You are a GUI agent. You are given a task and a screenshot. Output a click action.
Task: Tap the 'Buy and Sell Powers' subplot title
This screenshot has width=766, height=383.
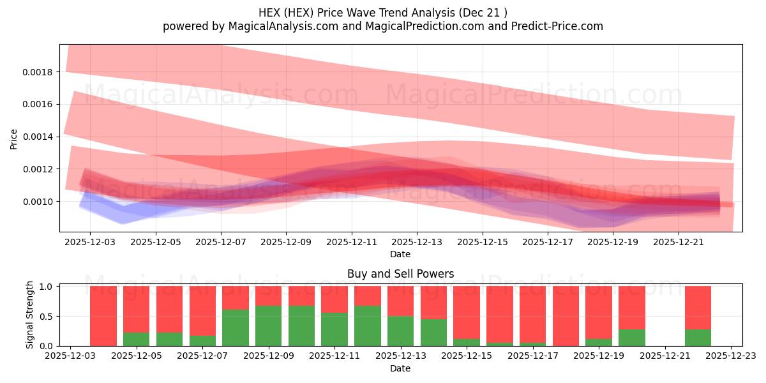[400, 274]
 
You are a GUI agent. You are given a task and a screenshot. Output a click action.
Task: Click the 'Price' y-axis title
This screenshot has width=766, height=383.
[13, 139]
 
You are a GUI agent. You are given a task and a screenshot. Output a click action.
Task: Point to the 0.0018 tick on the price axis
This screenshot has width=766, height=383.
[40, 71]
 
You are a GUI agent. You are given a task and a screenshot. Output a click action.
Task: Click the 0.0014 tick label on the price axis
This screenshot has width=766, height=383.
[40, 137]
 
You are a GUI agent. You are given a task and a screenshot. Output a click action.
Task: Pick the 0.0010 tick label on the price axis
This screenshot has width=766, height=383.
[40, 202]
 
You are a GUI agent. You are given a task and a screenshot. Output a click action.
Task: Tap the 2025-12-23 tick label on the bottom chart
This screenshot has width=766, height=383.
[730, 356]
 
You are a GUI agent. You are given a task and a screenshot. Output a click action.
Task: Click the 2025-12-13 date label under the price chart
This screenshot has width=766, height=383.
[417, 243]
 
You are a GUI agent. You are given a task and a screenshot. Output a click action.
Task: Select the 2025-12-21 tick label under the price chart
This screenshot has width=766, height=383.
[678, 243]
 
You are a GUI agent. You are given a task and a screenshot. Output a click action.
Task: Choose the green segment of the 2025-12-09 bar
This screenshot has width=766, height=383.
[268, 326]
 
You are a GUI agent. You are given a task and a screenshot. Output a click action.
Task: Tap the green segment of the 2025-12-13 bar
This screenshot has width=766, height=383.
[400, 331]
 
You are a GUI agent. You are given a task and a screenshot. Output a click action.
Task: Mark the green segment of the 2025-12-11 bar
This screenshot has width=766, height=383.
[334, 329]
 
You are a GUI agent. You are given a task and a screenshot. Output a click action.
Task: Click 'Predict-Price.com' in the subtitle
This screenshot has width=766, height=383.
[561, 26]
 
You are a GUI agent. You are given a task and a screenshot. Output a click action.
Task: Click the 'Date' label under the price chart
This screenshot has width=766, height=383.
[400, 254]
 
